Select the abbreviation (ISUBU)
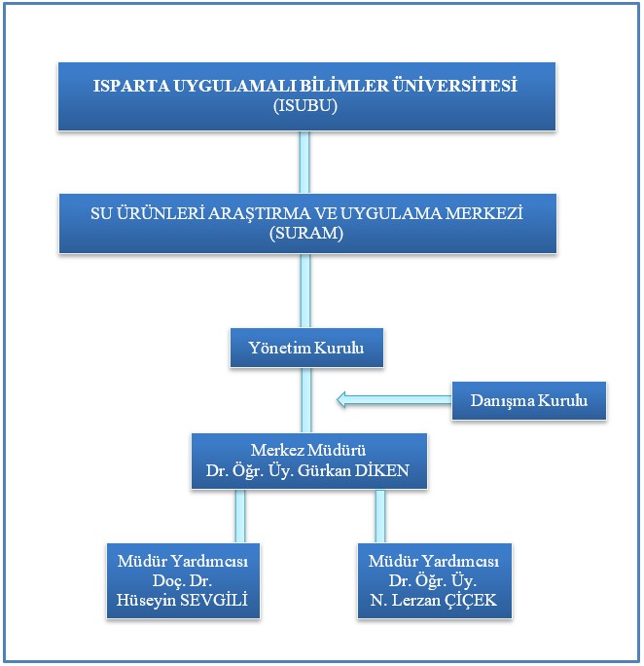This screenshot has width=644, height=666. point(305,105)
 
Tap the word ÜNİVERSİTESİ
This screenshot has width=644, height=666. point(454,85)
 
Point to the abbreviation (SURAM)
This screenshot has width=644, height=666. point(306,233)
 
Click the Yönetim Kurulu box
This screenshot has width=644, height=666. point(306,348)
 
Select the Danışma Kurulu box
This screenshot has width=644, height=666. point(529,400)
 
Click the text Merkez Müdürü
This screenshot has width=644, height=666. point(308,450)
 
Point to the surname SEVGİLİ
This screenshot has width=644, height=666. point(214,600)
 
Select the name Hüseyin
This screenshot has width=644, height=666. point(146,601)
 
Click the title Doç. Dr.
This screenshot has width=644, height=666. point(183,580)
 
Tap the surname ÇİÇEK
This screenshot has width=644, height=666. point(471,601)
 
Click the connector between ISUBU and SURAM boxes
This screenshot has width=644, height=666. point(304,163)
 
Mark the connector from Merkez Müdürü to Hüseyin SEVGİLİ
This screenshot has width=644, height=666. point(240,516)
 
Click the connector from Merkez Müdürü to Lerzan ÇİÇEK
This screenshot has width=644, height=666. point(380,516)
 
